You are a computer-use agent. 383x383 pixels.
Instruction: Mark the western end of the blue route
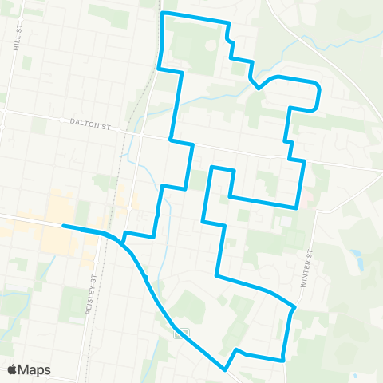pyautogui.click(x=63, y=227)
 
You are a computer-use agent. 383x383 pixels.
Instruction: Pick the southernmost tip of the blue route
pyautogui.click(x=226, y=369)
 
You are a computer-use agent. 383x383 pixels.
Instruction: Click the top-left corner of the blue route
pyautogui.click(x=163, y=14)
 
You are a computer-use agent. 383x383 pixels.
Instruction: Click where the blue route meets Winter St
pyautogui.click(x=294, y=307)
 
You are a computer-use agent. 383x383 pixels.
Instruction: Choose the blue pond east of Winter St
pyautogui.click(x=356, y=259)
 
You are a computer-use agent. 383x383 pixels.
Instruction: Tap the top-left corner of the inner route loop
pyautogui.click(x=211, y=168)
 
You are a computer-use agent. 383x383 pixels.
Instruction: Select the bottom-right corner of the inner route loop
pyautogui.click(x=297, y=207)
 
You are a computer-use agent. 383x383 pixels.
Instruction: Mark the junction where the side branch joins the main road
pyautogui.click(x=122, y=239)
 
